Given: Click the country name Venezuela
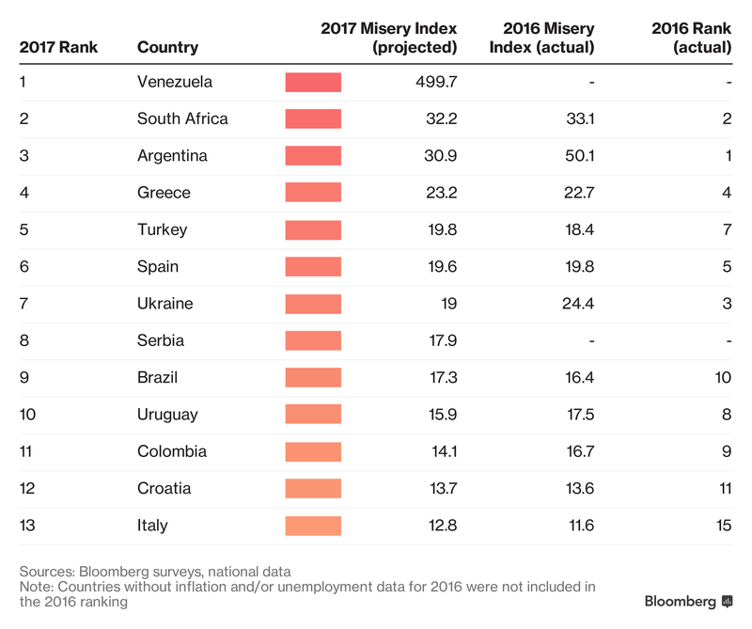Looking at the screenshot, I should pos(175,82).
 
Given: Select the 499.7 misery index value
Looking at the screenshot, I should pos(435,82).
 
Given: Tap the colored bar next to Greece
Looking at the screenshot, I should pos(313,193).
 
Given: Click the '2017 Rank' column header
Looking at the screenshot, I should pos(58,47).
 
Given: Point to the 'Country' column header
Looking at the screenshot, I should pos(167,47).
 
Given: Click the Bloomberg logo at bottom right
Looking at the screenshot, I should pos(687,601).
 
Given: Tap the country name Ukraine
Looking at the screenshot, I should pos(164,304).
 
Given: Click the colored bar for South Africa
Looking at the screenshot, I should pos(313,118).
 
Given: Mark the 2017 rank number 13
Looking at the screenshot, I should pos(27,526).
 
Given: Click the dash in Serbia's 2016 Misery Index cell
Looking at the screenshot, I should pos(591,340).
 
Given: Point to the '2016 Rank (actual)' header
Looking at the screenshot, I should pos(691,38).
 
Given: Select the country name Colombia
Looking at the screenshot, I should pos(172,451).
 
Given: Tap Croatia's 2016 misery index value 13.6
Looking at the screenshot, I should pos(576,489).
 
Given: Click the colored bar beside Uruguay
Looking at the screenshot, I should pos(313,415).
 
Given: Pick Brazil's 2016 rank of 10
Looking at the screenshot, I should pos(722,378).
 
